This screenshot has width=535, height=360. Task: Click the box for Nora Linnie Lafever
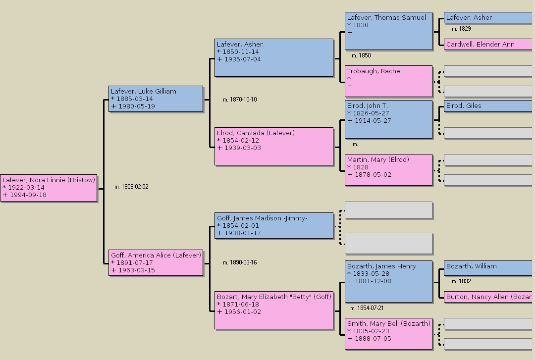[49, 188]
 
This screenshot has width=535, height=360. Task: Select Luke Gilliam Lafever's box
[156, 99]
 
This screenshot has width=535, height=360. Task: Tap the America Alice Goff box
[156, 262]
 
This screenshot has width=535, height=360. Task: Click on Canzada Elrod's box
[274, 146]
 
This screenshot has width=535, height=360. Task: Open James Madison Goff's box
[274, 226]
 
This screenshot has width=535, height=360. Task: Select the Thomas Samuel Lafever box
[388, 31]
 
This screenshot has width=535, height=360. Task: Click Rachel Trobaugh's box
[388, 81]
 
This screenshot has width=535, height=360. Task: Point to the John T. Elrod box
[388, 119]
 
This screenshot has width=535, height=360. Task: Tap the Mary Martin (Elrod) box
[388, 170]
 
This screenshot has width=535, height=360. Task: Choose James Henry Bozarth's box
[388, 281]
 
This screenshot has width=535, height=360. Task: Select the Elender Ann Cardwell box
[488, 45]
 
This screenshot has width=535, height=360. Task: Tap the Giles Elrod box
[488, 106]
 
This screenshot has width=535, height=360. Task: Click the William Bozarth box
[488, 266]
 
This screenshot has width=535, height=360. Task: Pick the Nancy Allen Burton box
[488, 297]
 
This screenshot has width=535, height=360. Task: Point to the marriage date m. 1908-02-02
[131, 187]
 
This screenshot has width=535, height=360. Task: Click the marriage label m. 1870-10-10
[240, 100]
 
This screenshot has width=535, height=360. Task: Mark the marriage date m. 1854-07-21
[367, 308]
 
